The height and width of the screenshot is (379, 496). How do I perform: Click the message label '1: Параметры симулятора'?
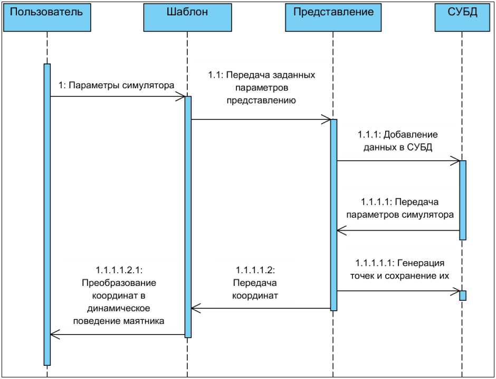click(x=116, y=85)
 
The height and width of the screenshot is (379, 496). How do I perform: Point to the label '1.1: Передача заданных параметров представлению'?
click(x=261, y=87)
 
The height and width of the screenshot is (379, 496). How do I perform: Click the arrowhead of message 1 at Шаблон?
click(x=181, y=96)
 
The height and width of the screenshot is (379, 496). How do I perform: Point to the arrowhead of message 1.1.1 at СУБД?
click(x=456, y=160)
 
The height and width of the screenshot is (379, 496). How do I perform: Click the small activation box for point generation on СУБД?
click(x=463, y=295)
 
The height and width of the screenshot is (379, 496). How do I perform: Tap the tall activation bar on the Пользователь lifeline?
click(x=47, y=211)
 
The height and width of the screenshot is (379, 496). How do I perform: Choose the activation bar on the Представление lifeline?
click(x=333, y=211)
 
